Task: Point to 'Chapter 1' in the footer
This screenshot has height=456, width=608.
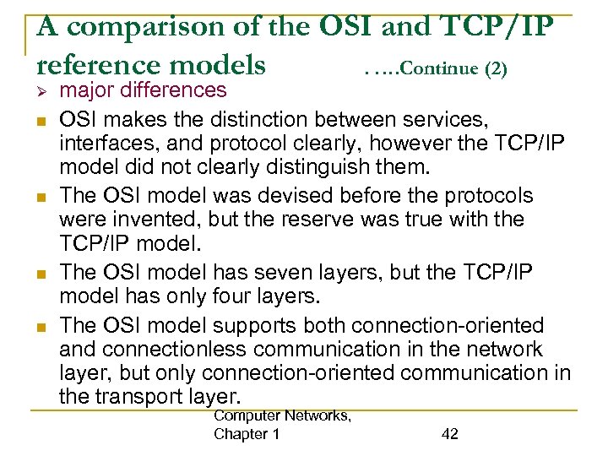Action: pyautogui.click(x=247, y=434)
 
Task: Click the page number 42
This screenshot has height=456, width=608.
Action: pyautogui.click(x=450, y=434)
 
